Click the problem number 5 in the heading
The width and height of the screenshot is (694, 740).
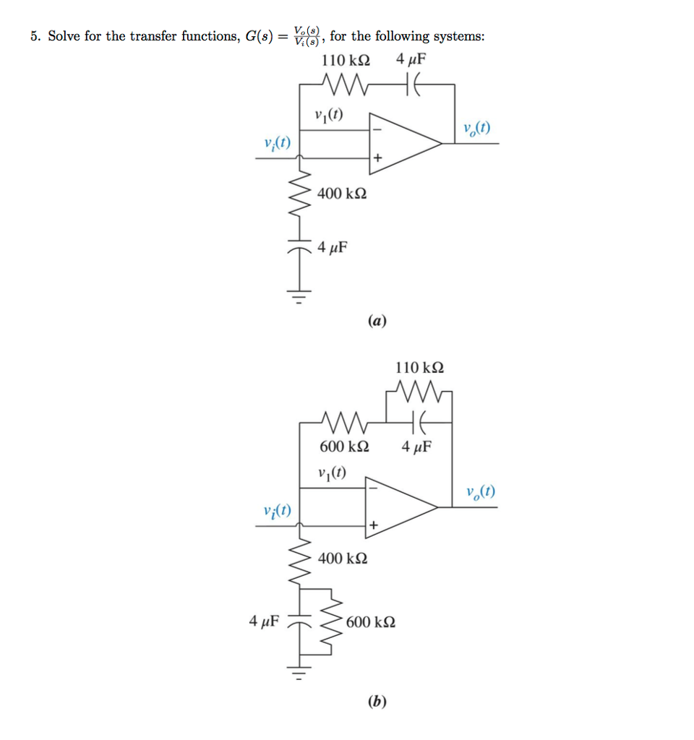(34, 36)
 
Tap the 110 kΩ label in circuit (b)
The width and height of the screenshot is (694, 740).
(419, 368)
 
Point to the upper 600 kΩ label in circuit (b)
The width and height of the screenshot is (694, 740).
(344, 447)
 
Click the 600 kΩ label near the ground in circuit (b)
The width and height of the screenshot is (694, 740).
(370, 622)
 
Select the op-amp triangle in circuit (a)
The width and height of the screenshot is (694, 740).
(401, 143)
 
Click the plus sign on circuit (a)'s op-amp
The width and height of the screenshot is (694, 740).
(377, 157)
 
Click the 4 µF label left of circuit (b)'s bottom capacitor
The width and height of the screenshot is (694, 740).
(265, 621)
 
